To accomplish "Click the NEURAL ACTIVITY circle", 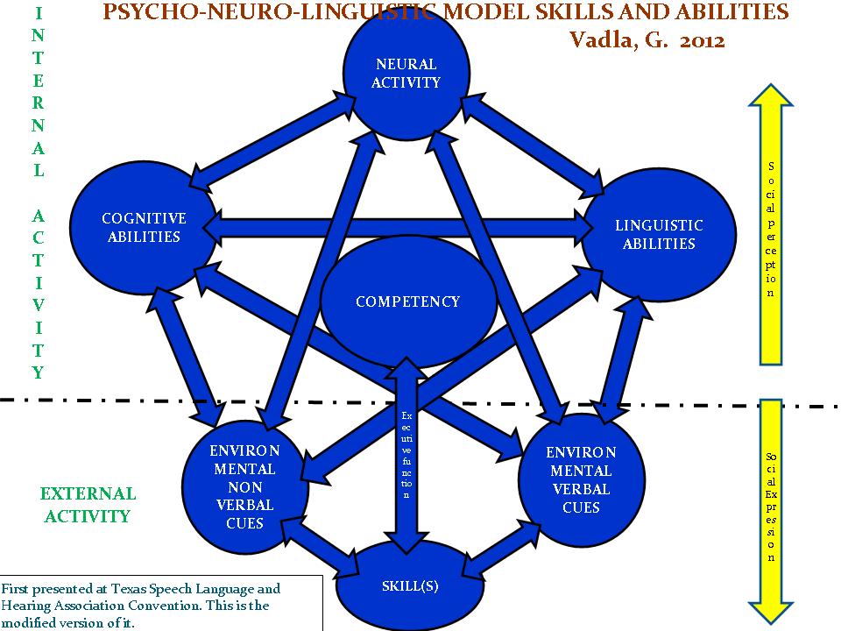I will [x=406, y=74].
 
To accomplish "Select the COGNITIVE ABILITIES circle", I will [x=143, y=228].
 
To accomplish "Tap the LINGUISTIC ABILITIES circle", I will [x=658, y=235].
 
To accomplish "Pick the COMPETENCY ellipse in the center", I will [x=406, y=301].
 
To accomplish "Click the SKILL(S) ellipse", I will [x=410, y=586].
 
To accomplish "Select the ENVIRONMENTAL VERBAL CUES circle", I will [x=581, y=479].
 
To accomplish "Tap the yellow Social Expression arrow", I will [x=770, y=508].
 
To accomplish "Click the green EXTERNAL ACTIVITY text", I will [x=88, y=505].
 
